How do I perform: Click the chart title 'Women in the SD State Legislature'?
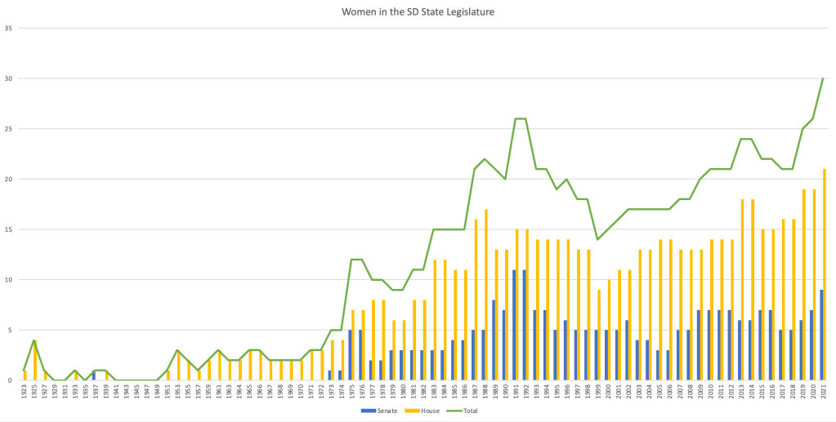coord(417,11)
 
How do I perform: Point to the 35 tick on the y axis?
coord(9,29)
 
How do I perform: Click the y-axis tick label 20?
coord(9,180)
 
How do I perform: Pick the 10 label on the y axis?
coord(9,280)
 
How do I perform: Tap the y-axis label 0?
coord(11,380)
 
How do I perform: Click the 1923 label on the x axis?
coord(25,393)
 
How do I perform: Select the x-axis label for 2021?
coord(823,393)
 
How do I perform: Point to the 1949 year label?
coord(158,393)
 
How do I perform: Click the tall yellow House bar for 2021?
coord(825,275)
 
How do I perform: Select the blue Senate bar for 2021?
coord(820,335)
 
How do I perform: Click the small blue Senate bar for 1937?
coord(94,376)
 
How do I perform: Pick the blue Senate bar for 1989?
coord(494,340)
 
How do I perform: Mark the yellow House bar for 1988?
coord(486,295)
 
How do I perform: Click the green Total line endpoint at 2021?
coord(823,79)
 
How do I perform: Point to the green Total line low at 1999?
coord(597,239)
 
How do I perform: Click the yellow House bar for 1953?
coord(179,366)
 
